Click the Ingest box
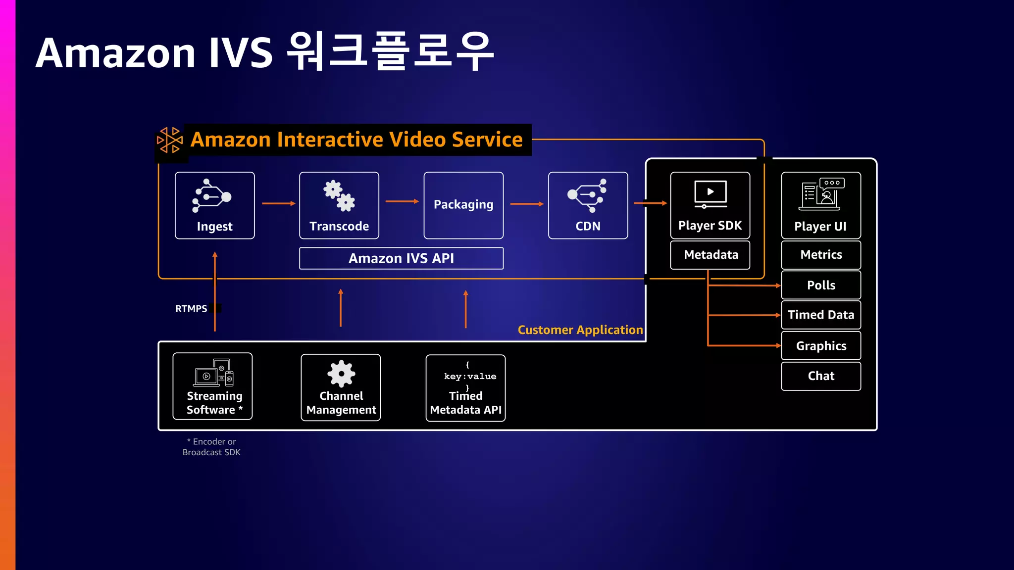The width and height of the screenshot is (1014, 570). pyautogui.click(x=214, y=205)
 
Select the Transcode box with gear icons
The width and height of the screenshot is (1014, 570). pyautogui.click(x=339, y=205)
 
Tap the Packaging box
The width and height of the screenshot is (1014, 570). pyautogui.click(x=463, y=205)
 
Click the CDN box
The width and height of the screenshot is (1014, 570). pyautogui.click(x=588, y=205)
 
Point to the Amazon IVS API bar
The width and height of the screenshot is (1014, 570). pyautogui.click(x=401, y=258)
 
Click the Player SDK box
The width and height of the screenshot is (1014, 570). pyautogui.click(x=710, y=205)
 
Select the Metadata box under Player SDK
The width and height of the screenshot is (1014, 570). pyautogui.click(x=710, y=255)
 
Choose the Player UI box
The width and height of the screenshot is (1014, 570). pyautogui.click(x=821, y=205)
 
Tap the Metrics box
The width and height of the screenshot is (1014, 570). pyautogui.click(x=821, y=255)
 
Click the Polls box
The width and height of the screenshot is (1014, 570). pyautogui.click(x=821, y=285)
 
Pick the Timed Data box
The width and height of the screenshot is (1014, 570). pyautogui.click(x=821, y=315)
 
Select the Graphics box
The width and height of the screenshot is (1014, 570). pyautogui.click(x=821, y=346)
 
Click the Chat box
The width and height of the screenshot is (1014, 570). pyautogui.click(x=821, y=376)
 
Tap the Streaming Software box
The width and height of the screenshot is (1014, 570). pyautogui.click(x=212, y=386)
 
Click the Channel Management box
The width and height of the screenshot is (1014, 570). pyautogui.click(x=341, y=387)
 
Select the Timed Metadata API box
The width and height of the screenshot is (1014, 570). pyautogui.click(x=465, y=388)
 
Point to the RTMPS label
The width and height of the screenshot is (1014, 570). pyautogui.click(x=191, y=309)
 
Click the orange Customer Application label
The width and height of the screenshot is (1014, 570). pyautogui.click(x=580, y=330)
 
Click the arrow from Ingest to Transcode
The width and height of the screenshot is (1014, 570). pyautogui.click(x=278, y=203)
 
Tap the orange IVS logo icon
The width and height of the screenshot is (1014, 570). pyautogui.click(x=170, y=140)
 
